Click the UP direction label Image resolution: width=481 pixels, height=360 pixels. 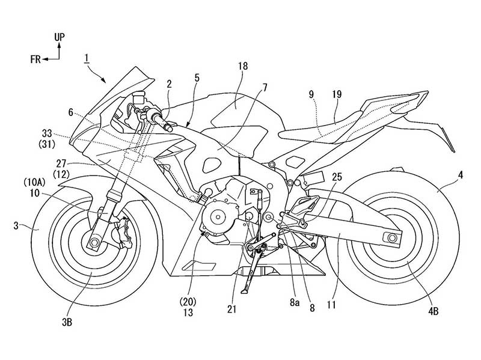point(60,37)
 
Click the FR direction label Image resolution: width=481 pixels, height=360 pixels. point(35,59)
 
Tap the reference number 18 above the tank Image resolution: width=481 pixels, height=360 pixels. point(242,66)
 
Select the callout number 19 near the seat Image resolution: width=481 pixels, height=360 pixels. point(337,94)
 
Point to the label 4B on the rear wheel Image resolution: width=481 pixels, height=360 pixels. point(433,311)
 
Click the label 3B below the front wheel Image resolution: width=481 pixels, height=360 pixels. point(67,322)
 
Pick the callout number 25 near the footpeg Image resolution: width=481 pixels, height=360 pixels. point(337,177)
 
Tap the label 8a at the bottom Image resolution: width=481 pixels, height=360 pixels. point(294,303)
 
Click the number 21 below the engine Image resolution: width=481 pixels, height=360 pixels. point(232,310)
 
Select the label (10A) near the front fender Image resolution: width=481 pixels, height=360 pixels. point(34,183)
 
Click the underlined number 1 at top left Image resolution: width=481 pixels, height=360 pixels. point(87,58)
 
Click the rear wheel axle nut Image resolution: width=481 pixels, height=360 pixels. point(391,237)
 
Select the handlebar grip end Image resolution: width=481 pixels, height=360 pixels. point(170,126)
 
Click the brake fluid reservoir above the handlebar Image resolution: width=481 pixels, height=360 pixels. point(139,97)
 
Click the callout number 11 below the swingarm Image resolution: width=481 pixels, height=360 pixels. point(331,305)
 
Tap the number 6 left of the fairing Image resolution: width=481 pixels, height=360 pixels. point(71,113)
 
